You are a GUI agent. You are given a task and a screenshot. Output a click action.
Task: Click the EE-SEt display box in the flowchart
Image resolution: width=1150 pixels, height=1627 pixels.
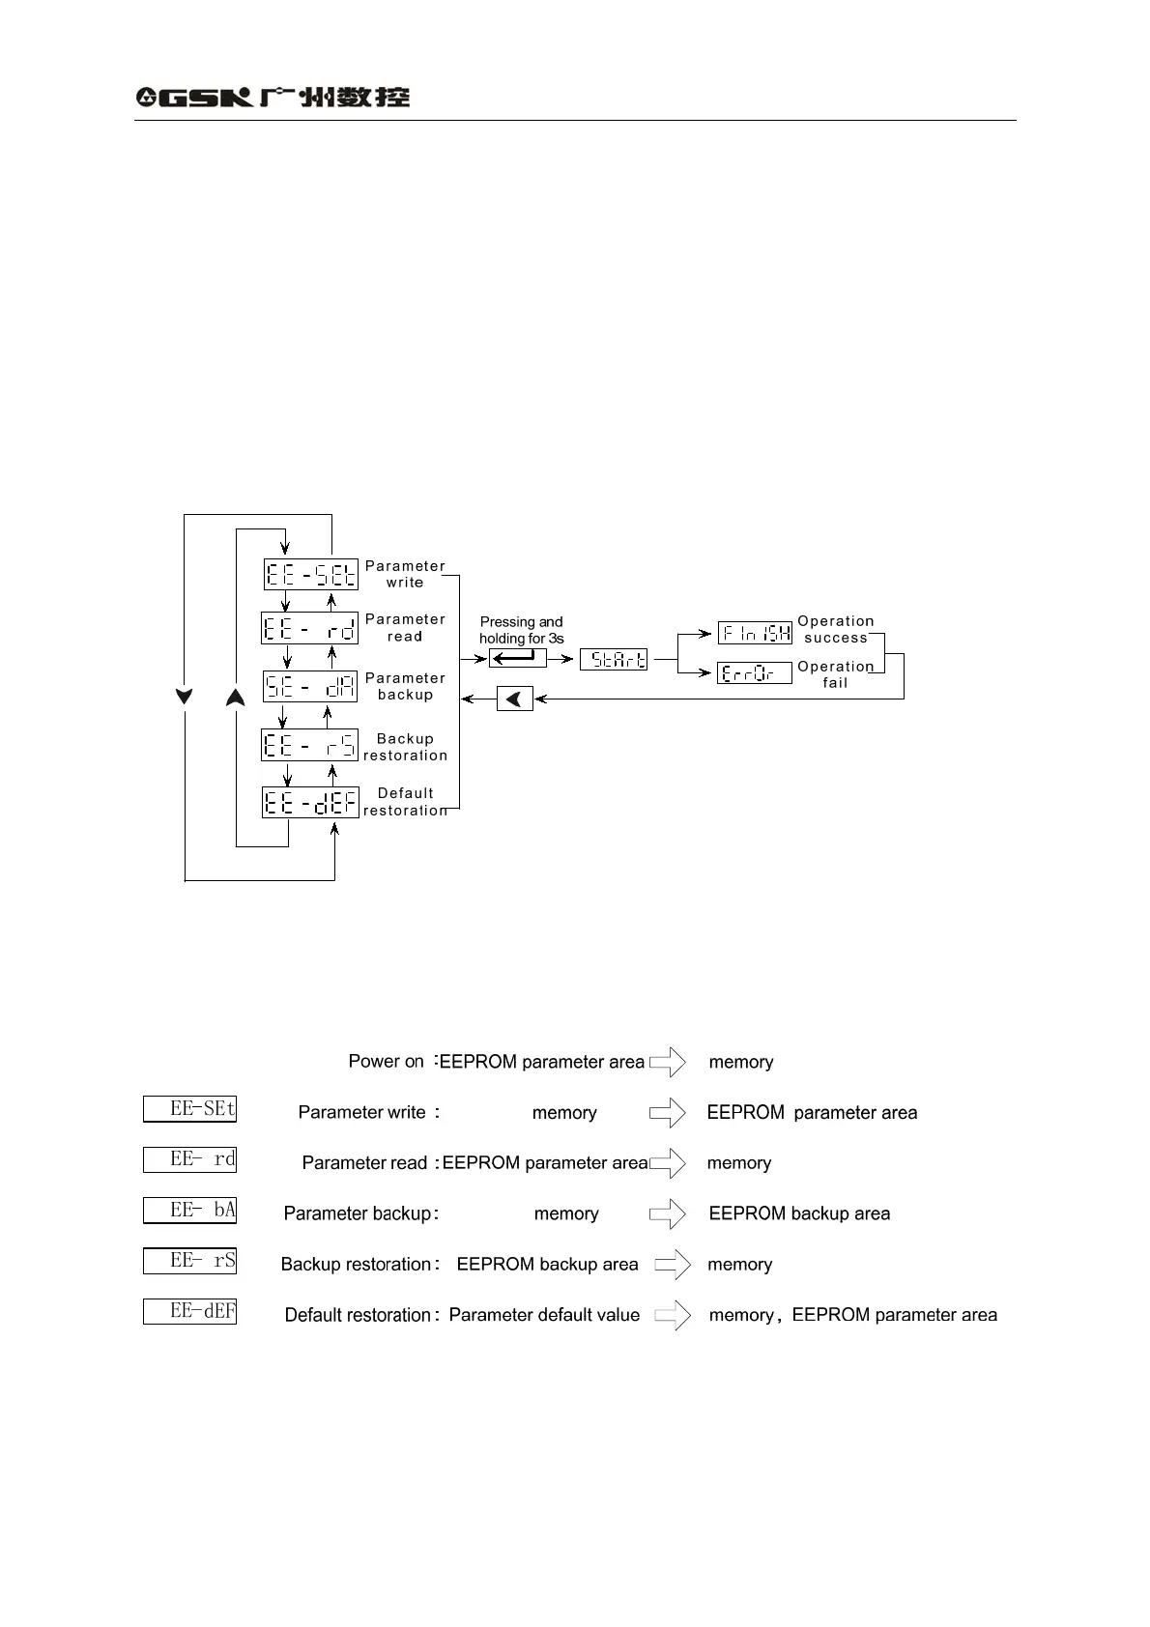(311, 575)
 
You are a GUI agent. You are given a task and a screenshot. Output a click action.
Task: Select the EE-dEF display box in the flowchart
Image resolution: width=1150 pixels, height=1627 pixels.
(310, 803)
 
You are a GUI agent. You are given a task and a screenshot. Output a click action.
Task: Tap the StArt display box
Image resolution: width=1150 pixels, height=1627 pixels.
(614, 660)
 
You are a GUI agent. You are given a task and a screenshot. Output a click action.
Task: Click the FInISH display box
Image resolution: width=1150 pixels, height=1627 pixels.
(755, 633)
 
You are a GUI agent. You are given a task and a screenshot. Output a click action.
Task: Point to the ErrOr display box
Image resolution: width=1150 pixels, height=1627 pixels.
(755, 672)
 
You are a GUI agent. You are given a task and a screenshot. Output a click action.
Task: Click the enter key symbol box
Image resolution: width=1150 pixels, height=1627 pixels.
(517, 659)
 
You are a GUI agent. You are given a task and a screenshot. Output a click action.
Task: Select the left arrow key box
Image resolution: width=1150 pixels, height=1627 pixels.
(515, 699)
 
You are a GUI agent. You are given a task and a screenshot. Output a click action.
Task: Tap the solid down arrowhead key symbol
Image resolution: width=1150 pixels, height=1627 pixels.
(185, 697)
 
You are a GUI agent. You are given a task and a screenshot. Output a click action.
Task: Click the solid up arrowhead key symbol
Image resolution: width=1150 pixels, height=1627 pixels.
(235, 697)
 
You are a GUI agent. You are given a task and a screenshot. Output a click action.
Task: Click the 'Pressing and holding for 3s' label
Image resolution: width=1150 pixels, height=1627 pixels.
(522, 630)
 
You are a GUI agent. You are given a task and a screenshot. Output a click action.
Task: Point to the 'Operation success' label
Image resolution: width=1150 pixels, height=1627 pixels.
(836, 629)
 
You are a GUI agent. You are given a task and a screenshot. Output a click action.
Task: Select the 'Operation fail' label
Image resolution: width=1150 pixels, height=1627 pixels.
(836, 674)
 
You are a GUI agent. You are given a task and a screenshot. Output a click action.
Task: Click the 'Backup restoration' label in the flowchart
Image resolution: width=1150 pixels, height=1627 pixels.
(406, 747)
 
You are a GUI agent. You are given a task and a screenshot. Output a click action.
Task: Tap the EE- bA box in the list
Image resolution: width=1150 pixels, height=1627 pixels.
(190, 1211)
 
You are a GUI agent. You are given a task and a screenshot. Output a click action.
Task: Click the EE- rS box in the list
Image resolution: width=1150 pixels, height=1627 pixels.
(190, 1261)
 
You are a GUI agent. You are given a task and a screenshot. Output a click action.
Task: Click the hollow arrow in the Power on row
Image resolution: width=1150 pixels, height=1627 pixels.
(668, 1063)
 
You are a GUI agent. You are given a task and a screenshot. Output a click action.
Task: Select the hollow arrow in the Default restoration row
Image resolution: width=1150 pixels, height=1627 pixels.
(673, 1315)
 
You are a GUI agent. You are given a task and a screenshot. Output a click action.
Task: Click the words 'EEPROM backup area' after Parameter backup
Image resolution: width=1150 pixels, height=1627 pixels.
(799, 1213)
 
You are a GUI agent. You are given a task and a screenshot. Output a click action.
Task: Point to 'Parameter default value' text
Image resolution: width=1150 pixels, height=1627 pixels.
(544, 1315)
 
